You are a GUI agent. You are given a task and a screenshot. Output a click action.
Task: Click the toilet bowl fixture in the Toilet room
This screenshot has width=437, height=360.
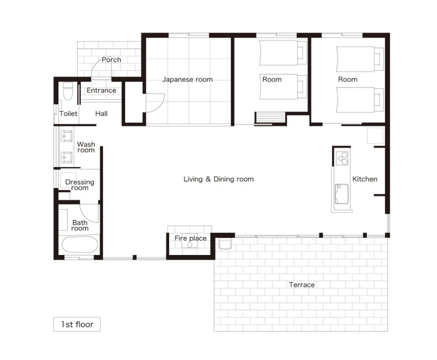(x=68, y=91)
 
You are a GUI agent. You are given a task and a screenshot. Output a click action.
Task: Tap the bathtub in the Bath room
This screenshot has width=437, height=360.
(x=80, y=245)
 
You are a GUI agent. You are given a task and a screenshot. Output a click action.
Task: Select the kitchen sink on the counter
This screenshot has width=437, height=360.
(x=341, y=194)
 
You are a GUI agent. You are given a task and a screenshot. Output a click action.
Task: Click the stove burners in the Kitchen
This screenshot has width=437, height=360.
(x=342, y=158)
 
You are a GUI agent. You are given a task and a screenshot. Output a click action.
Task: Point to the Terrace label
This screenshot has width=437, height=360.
(x=302, y=285)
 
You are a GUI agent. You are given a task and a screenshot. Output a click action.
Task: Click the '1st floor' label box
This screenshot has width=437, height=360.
(x=77, y=324)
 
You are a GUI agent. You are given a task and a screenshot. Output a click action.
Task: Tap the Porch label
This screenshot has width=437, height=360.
(x=111, y=60)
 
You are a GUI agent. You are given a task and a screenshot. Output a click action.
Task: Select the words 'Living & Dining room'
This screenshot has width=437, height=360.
(x=218, y=179)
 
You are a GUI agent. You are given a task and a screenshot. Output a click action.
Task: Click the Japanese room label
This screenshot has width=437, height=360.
(x=188, y=80)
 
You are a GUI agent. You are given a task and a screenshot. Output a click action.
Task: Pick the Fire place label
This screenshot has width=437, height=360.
(x=191, y=238)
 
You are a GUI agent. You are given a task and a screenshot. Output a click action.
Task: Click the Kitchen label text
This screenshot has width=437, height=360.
(x=365, y=179)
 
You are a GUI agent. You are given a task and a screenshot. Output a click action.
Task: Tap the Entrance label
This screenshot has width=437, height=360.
(x=101, y=90)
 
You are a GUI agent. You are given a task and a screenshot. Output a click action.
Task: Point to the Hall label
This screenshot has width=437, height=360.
(x=101, y=114)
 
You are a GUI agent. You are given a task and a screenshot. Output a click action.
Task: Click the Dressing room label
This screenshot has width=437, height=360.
(x=80, y=185)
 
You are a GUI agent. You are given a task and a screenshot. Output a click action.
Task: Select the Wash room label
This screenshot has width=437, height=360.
(x=86, y=148)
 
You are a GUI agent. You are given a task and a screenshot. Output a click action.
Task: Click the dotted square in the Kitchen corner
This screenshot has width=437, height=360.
(x=375, y=136)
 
